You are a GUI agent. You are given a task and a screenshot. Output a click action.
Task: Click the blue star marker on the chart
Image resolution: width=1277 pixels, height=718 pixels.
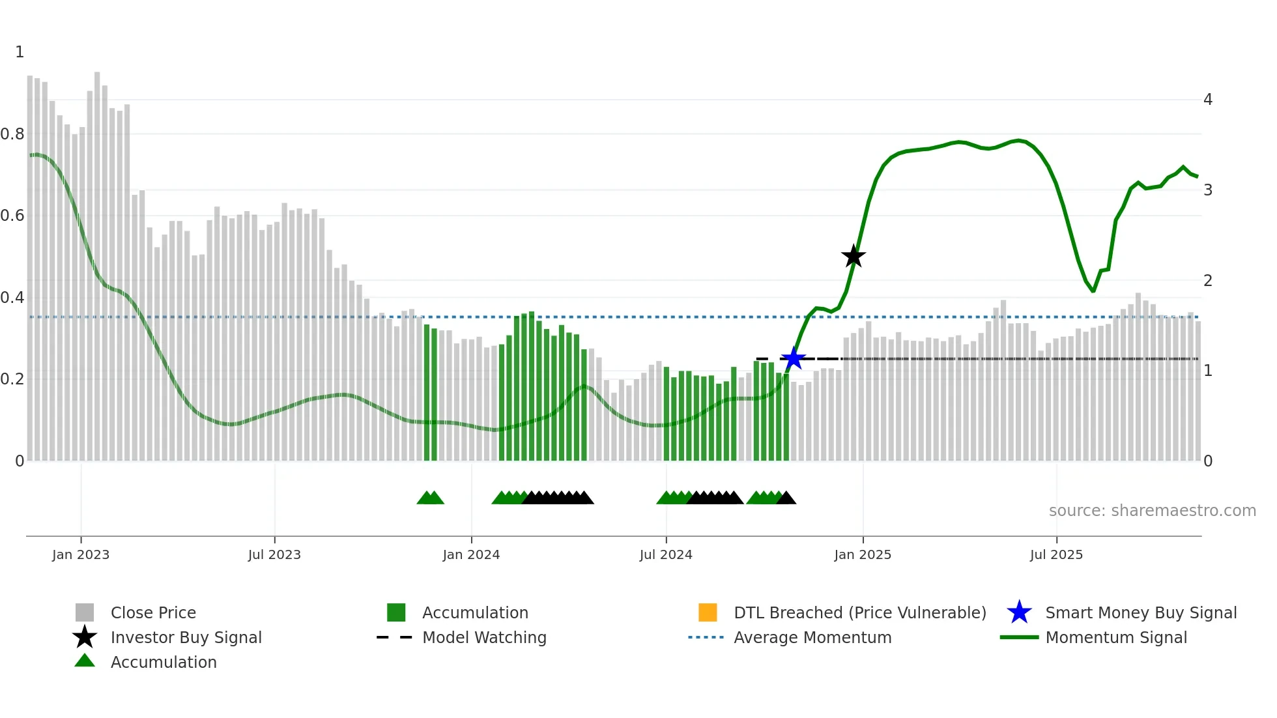point(793,358)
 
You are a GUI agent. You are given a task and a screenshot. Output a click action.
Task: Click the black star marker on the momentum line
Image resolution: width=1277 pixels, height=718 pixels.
point(853,256)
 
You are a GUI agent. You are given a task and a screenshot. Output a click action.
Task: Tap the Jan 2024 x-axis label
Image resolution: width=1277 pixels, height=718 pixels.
point(471,554)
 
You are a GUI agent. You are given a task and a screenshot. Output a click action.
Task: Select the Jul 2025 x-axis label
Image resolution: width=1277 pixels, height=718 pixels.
point(1056,554)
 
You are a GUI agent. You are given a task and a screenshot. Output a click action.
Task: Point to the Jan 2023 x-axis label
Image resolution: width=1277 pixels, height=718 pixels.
point(81,554)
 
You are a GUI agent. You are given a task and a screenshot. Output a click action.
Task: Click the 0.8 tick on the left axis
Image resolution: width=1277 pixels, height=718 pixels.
point(12,134)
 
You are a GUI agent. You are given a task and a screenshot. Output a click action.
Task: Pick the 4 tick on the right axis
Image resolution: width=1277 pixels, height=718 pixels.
point(1208,100)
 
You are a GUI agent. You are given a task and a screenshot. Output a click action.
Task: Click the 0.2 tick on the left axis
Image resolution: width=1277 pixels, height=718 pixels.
point(12,379)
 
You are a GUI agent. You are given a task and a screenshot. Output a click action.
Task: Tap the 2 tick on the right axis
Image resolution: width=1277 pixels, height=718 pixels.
point(1208,281)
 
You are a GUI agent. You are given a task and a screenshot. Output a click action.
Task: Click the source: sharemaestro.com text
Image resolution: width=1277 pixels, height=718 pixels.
point(1152,510)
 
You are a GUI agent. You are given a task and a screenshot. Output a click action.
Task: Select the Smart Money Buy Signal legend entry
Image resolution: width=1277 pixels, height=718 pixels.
point(1140,612)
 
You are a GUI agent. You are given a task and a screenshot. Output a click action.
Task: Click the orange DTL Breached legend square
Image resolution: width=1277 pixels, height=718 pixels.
point(708,612)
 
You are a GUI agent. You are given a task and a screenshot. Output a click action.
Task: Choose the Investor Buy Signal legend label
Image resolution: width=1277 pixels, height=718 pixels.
point(186,637)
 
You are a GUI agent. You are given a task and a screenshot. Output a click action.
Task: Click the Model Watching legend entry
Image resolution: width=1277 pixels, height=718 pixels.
point(483,637)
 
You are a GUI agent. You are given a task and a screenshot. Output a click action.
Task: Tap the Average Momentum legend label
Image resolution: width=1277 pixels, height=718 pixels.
point(812,637)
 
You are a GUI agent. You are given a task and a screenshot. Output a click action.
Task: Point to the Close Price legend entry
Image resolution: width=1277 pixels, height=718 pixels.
point(152,612)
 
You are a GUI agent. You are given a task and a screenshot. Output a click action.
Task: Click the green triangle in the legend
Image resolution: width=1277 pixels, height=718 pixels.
point(85,661)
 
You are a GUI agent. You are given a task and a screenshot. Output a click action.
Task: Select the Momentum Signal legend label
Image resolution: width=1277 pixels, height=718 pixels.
point(1115,637)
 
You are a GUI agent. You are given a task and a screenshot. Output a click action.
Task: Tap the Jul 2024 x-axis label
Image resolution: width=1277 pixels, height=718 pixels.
point(666,554)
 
